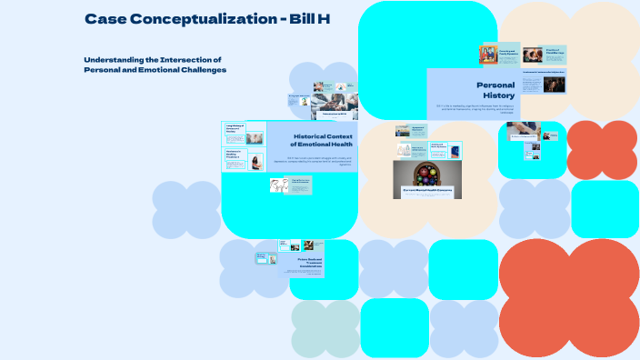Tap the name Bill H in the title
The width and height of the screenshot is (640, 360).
[x=305, y=18]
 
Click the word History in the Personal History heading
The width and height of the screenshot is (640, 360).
[x=499, y=95]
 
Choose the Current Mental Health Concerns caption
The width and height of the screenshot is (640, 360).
[x=427, y=191]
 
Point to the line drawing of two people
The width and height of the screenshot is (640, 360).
[x=278, y=185]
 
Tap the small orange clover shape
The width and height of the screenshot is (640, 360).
[x=602, y=149]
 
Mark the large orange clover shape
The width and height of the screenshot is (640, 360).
[x=569, y=298]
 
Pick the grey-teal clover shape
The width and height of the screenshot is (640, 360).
[x=325, y=329]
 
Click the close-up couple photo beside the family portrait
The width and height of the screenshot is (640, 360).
[x=533, y=55]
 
